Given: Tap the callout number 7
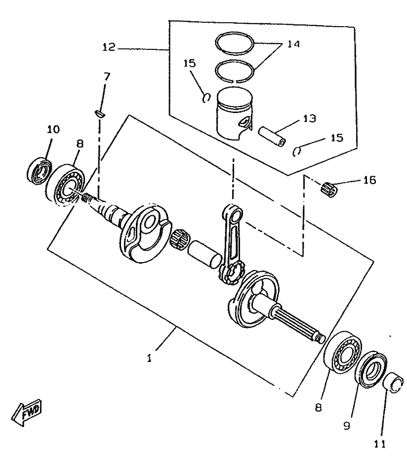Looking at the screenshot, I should (107, 77).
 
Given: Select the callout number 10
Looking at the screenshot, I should (53, 129).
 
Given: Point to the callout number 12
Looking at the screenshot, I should (109, 47).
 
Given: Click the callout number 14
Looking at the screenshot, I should (293, 44).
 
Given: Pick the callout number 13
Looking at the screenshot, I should (310, 119).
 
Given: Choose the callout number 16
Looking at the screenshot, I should (368, 180).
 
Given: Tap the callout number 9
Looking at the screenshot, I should (347, 424).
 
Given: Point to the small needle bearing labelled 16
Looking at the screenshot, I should (328, 188).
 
